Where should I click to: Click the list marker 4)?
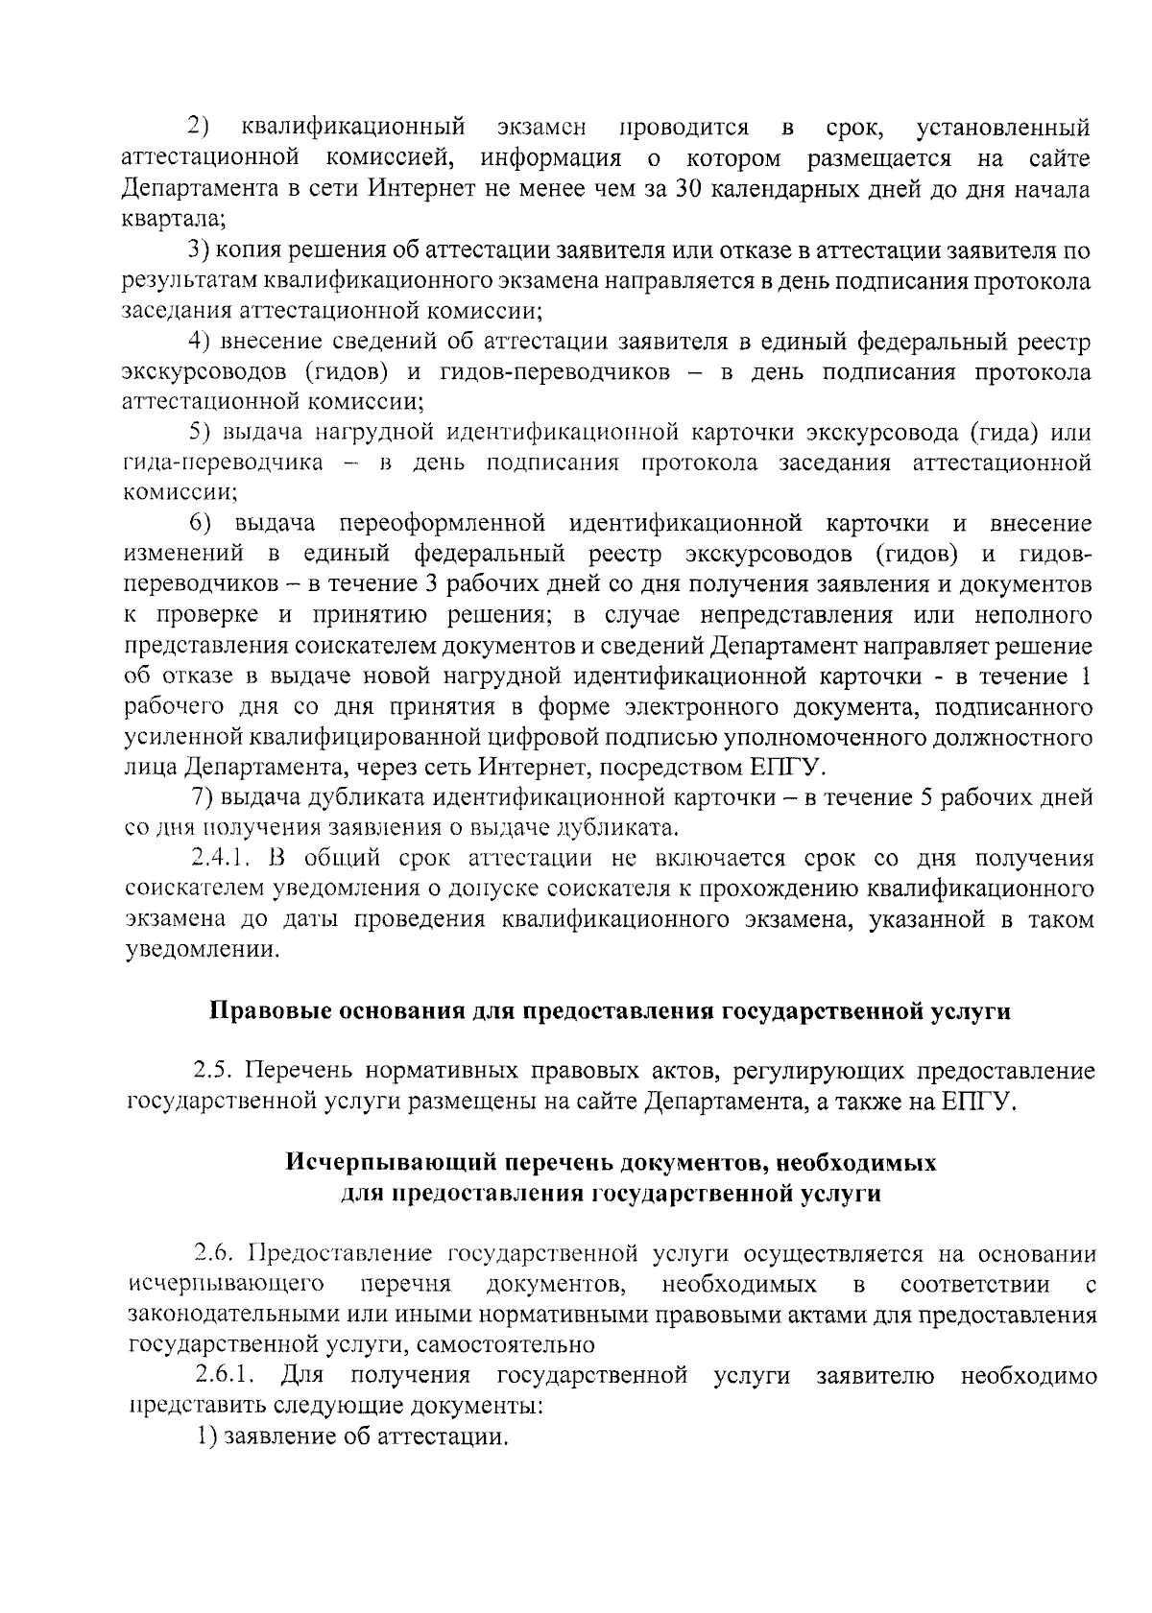199,342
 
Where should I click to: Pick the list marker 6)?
200,524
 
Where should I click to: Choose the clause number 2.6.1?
225,1376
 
